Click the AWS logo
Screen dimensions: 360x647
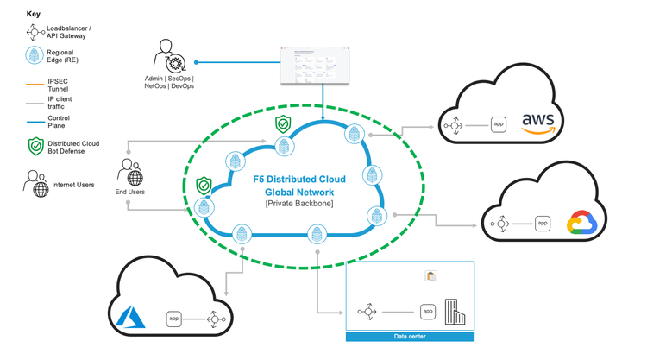pos(537,123)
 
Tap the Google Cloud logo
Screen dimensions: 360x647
pos(581,224)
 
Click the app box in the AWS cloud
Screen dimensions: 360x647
pos(498,124)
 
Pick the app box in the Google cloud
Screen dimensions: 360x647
pos(542,224)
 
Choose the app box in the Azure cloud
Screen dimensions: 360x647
pos(173,319)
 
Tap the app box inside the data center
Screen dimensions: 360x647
pos(427,312)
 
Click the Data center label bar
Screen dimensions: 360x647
pos(410,337)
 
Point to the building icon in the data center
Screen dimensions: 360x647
pos(454,311)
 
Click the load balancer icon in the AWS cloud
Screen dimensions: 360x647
pos(453,125)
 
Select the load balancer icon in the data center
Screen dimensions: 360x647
pos(367,312)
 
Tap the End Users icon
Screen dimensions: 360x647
pos(130,173)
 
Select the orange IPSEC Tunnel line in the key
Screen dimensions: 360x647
pos(35,84)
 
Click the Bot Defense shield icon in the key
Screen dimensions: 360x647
pos(35,147)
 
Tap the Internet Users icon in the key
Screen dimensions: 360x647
pos(37,184)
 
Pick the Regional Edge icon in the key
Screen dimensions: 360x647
pos(34,55)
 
